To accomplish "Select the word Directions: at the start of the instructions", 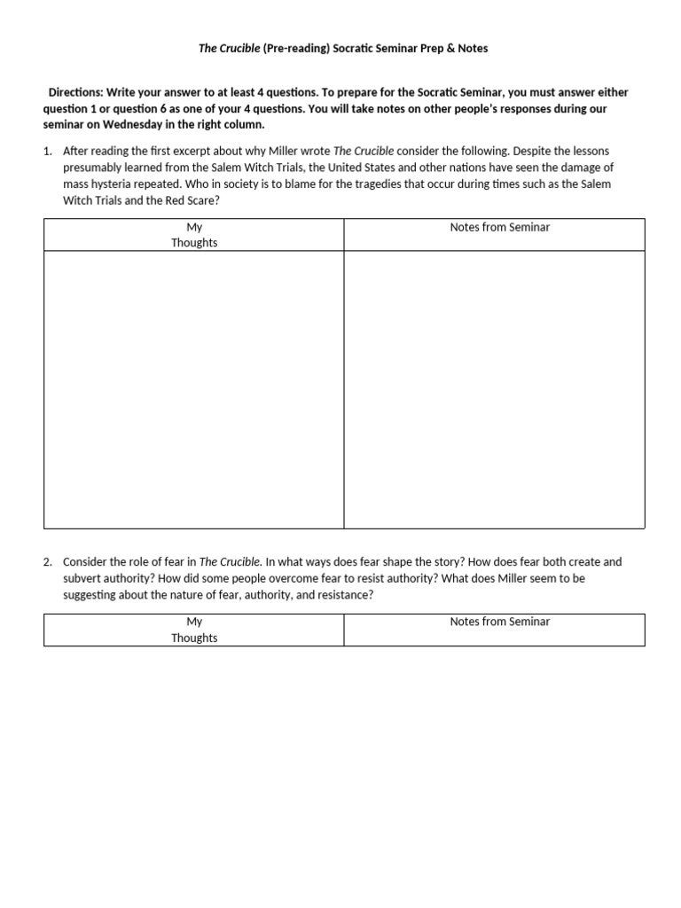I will [76, 92].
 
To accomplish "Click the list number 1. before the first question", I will [48, 151].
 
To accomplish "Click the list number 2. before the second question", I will [48, 561].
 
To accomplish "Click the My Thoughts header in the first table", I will [194, 235].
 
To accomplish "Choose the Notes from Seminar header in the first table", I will [499, 227].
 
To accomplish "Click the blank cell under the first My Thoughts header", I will [194, 389].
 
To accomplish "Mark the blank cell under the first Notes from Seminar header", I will [494, 389].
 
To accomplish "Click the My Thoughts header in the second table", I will [194, 630].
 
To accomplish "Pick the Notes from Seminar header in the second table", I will [499, 622].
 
